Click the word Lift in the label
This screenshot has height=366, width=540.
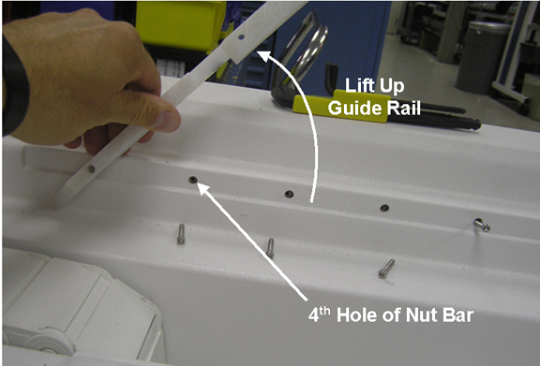[x=360, y=86]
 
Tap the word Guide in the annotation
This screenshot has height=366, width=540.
[x=354, y=108]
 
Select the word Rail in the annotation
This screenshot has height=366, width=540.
[x=403, y=108]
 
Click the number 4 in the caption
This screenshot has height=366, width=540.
[x=313, y=316]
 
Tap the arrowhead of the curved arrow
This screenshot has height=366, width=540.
[x=265, y=56]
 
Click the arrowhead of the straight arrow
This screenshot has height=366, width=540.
[x=204, y=188]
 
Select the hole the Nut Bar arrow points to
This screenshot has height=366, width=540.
[x=193, y=180]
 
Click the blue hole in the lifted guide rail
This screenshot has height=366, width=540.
[x=241, y=37]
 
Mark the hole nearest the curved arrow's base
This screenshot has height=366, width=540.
[x=290, y=194]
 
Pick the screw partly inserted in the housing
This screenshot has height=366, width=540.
[x=482, y=225]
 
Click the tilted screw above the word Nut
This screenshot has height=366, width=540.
[x=386, y=269]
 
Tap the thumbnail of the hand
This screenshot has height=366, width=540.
[x=168, y=121]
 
